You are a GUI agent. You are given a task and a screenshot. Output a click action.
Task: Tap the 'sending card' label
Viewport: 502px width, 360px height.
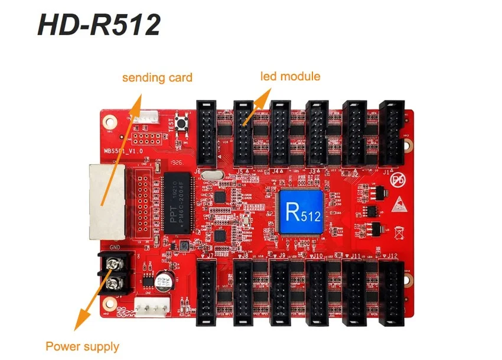click(x=157, y=77)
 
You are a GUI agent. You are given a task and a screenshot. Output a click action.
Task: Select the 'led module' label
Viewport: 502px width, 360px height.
click(x=290, y=76)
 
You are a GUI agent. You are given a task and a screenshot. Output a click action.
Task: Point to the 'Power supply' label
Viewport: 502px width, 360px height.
click(x=83, y=346)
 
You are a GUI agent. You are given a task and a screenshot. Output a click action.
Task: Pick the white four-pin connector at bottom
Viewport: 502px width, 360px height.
click(x=152, y=306)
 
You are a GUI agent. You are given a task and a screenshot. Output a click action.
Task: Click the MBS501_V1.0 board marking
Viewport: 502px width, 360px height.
click(x=125, y=152)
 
